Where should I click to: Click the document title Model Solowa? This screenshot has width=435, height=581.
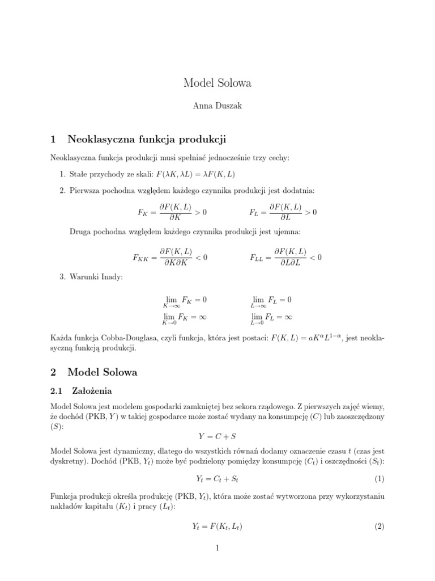point(217,83)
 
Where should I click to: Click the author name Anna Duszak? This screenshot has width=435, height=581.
point(217,106)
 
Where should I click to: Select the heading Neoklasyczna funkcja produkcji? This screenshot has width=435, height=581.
point(147,139)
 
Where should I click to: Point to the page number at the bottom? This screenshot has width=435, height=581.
point(217,548)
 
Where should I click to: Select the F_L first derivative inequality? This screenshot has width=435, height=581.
point(283,212)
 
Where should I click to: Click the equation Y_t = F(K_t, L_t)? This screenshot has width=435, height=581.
point(217,526)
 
